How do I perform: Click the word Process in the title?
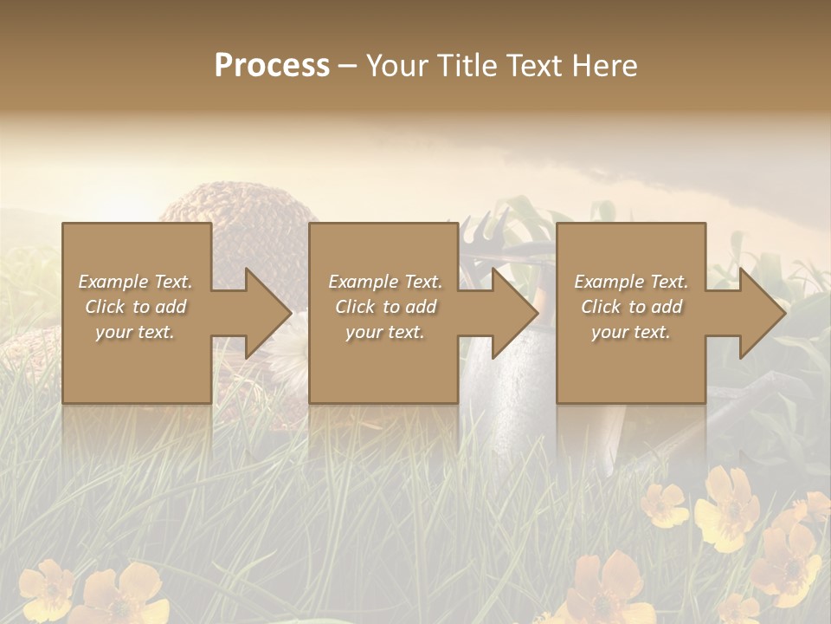tap(272, 66)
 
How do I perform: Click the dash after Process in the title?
tap(347, 68)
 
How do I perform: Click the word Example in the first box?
tap(113, 282)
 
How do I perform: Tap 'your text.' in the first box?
tap(135, 332)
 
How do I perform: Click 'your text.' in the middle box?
tap(384, 332)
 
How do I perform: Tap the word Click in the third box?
tap(602, 307)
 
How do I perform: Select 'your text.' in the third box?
tap(630, 332)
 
